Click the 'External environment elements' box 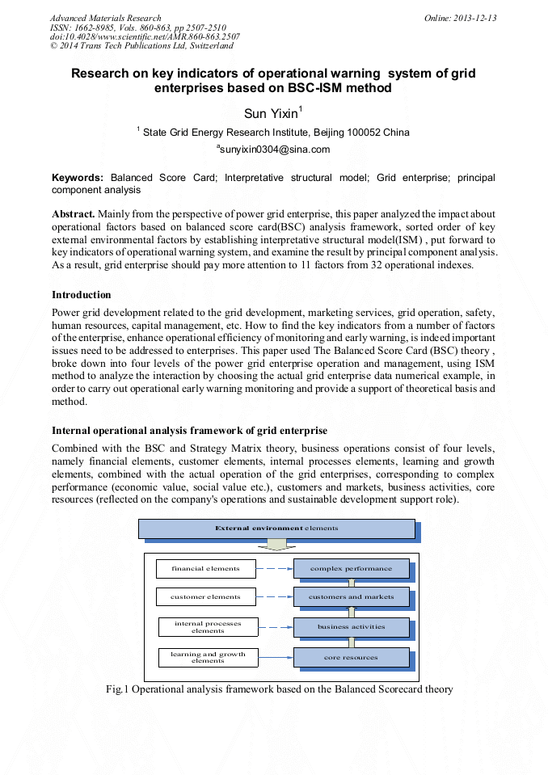pos(276,529)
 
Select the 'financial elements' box pos(205,569)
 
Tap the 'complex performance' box pos(351,569)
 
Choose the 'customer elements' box pos(205,597)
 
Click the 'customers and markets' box pos(351,597)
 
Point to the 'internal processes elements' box pos(208,627)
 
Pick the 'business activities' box pos(351,627)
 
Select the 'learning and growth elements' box pos(208,657)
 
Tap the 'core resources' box pos(351,658)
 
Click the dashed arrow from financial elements pos(274,569)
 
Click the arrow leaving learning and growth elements pos(276,657)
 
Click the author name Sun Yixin pos(271,114)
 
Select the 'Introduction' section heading pos(82,295)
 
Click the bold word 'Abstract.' pos(74,214)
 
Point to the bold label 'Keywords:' pos(78,177)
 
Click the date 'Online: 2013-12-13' pos(460,18)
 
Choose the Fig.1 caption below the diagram pos(279,689)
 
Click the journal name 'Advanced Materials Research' pos(105,18)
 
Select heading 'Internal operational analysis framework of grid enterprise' pos(189,430)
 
